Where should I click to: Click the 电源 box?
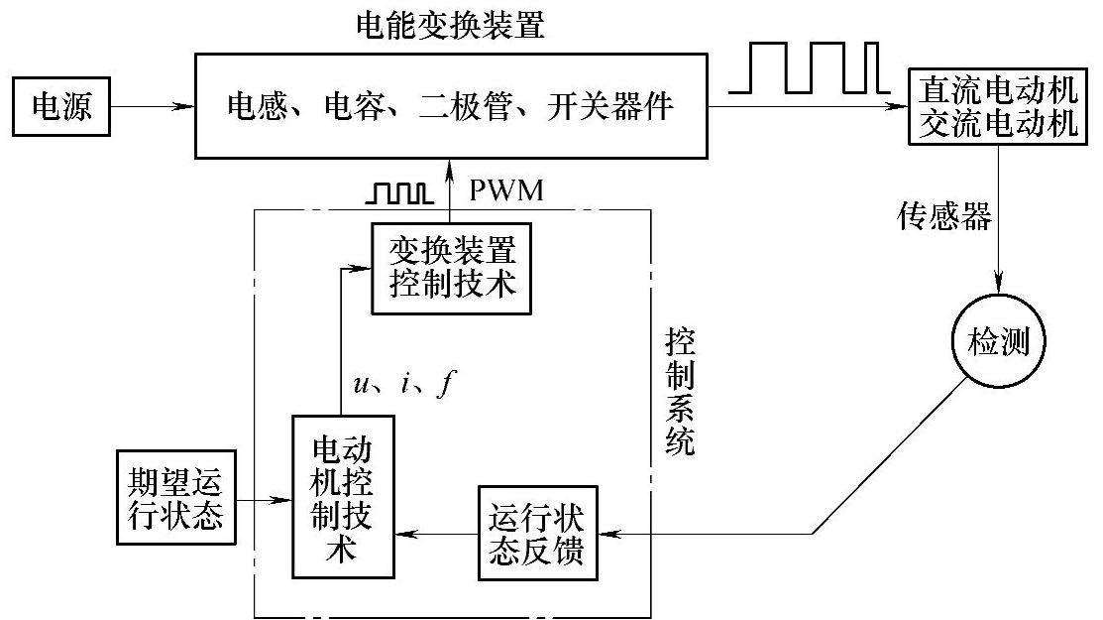coord(62,106)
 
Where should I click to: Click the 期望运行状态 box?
coord(176,498)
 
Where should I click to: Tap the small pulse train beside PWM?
coord(397,192)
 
